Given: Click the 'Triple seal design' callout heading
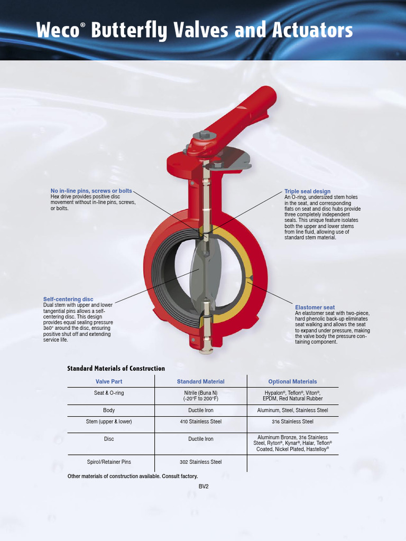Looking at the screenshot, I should (x=307, y=191).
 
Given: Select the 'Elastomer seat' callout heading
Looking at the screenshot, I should (x=315, y=307).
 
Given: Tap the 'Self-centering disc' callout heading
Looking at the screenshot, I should (x=68, y=300).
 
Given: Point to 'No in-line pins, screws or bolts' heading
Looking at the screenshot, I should (x=91, y=191).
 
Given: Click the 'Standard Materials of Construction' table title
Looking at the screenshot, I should (x=116, y=368).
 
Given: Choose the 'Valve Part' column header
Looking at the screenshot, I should (x=109, y=381).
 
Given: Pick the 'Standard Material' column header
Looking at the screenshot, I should (x=200, y=381).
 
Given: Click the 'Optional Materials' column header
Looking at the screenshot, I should (x=292, y=381).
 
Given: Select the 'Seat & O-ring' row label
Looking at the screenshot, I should (x=109, y=393).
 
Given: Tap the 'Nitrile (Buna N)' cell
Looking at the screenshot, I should (x=200, y=393).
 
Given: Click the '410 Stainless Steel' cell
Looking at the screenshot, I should (x=200, y=422).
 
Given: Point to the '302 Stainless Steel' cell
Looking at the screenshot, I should (x=200, y=462).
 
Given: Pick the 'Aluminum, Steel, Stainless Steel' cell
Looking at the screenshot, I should (x=292, y=411).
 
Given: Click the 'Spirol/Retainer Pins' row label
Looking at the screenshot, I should (x=109, y=462).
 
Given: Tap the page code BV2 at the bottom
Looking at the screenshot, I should (x=204, y=486).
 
